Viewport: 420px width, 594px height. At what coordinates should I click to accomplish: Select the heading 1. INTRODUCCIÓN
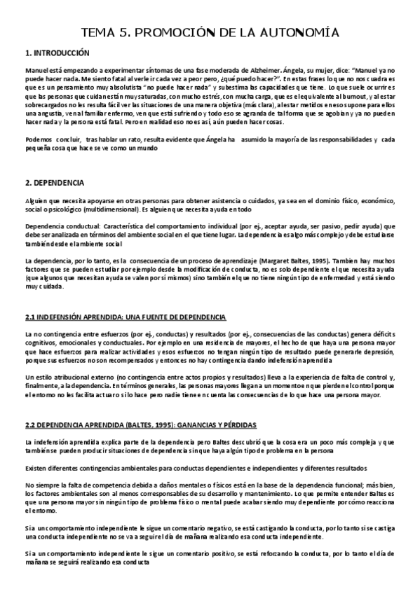[x=57, y=53]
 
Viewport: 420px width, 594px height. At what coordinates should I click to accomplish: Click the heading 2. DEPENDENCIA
[x=55, y=183]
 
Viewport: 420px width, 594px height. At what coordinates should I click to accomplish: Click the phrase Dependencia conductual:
[x=62, y=226]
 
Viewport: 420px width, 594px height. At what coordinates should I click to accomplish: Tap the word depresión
[x=379, y=352]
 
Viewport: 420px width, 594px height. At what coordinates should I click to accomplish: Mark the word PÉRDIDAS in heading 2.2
[x=235, y=424]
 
